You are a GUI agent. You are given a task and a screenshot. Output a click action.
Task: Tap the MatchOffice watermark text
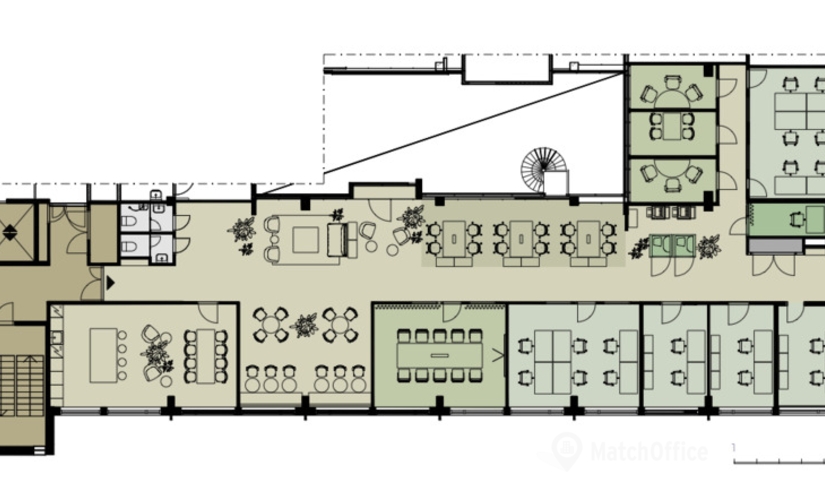coord(649,452)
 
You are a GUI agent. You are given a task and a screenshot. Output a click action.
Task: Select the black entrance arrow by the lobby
coord(110,283)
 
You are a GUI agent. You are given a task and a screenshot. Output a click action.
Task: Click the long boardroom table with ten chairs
coord(439,355)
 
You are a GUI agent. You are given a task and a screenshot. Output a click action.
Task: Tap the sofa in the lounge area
coord(338,239)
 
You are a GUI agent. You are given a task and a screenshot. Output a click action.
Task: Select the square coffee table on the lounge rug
coord(306,239)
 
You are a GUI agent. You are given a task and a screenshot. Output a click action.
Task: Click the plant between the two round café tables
coord(305,325)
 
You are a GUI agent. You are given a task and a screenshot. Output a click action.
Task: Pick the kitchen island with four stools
coord(103,355)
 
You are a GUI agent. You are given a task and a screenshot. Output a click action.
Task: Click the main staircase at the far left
coord(22,386)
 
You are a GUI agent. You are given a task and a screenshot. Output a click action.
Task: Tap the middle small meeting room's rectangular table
coord(672,127)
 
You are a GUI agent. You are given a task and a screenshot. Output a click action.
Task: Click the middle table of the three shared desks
coord(521,239)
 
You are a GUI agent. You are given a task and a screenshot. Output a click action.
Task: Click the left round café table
coord(270,325)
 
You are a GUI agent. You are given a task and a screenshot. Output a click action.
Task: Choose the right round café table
coord(340,325)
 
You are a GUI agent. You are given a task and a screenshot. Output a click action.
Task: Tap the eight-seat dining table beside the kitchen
coord(206,356)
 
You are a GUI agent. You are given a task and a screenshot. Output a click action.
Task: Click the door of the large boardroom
coord(451,311)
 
